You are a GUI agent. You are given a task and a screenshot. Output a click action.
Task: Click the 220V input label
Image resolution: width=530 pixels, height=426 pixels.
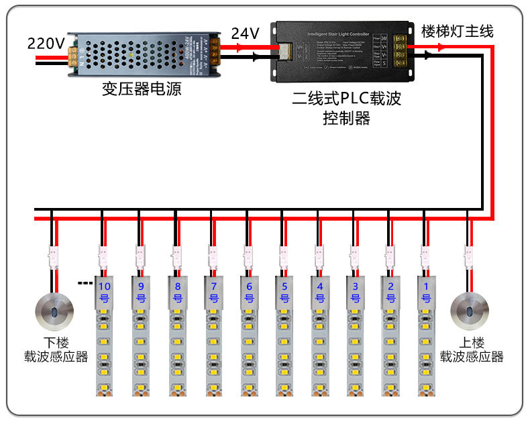(x=46, y=44)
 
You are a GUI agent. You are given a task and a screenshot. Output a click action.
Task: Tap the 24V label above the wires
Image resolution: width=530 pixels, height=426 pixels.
(x=245, y=33)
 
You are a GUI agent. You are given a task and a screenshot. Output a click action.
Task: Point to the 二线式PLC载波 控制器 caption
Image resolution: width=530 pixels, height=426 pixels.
(x=346, y=109)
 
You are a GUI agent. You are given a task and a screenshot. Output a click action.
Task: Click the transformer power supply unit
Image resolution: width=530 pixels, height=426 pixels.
(x=144, y=53)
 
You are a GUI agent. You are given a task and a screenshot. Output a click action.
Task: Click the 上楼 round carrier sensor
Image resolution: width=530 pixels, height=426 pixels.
(x=469, y=309)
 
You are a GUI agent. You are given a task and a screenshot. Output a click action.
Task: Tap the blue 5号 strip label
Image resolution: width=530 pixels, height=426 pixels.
(x=284, y=292)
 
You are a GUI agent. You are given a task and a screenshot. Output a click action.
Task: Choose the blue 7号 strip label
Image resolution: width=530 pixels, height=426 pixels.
(x=213, y=292)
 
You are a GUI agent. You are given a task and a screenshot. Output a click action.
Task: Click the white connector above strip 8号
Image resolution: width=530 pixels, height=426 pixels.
(x=176, y=254)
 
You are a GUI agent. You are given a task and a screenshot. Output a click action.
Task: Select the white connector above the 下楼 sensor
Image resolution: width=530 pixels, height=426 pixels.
(x=52, y=254)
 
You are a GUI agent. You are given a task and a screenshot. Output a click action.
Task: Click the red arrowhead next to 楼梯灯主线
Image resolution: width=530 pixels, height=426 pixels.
(x=440, y=48)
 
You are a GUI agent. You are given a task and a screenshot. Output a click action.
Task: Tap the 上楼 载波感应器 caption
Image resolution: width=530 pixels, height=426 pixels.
(x=472, y=350)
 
